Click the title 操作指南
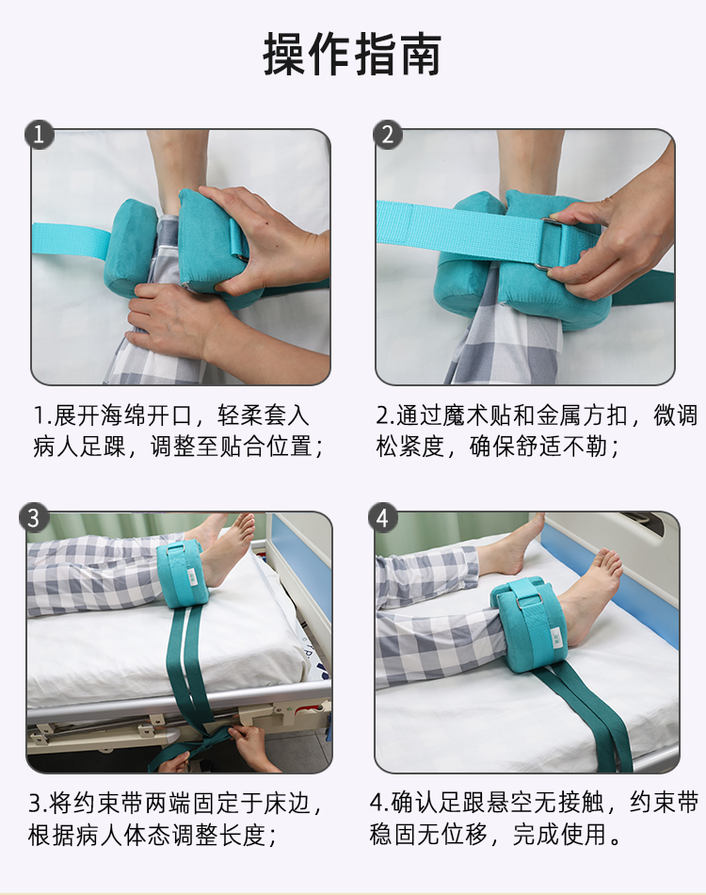click(352, 55)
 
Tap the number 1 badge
click(40, 136)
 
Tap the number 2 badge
click(388, 136)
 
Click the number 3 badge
click(34, 518)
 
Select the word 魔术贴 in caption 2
click(476, 415)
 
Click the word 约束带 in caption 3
click(107, 803)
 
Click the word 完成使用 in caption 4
click(559, 835)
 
